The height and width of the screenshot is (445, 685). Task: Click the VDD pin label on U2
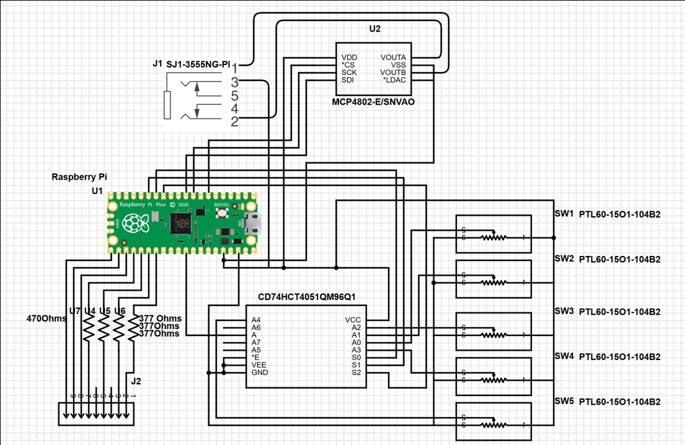click(x=349, y=57)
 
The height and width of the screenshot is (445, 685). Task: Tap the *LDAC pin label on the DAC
click(x=394, y=79)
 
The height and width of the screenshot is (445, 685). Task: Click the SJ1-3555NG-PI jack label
click(x=198, y=64)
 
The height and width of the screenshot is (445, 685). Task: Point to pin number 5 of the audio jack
click(x=234, y=96)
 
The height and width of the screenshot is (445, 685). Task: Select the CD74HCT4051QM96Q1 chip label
click(x=305, y=296)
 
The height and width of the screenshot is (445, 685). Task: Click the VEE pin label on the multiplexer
click(x=259, y=365)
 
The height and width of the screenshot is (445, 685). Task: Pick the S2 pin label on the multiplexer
click(x=356, y=372)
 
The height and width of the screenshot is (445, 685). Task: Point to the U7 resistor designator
click(x=75, y=310)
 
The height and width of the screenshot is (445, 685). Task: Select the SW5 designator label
click(x=564, y=402)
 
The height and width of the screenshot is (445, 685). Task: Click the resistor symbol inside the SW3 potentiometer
click(x=494, y=334)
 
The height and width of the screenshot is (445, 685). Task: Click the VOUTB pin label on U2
click(x=392, y=72)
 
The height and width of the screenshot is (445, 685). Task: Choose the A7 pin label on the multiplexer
click(x=256, y=342)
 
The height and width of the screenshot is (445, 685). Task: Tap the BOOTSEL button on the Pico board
click(x=221, y=213)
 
